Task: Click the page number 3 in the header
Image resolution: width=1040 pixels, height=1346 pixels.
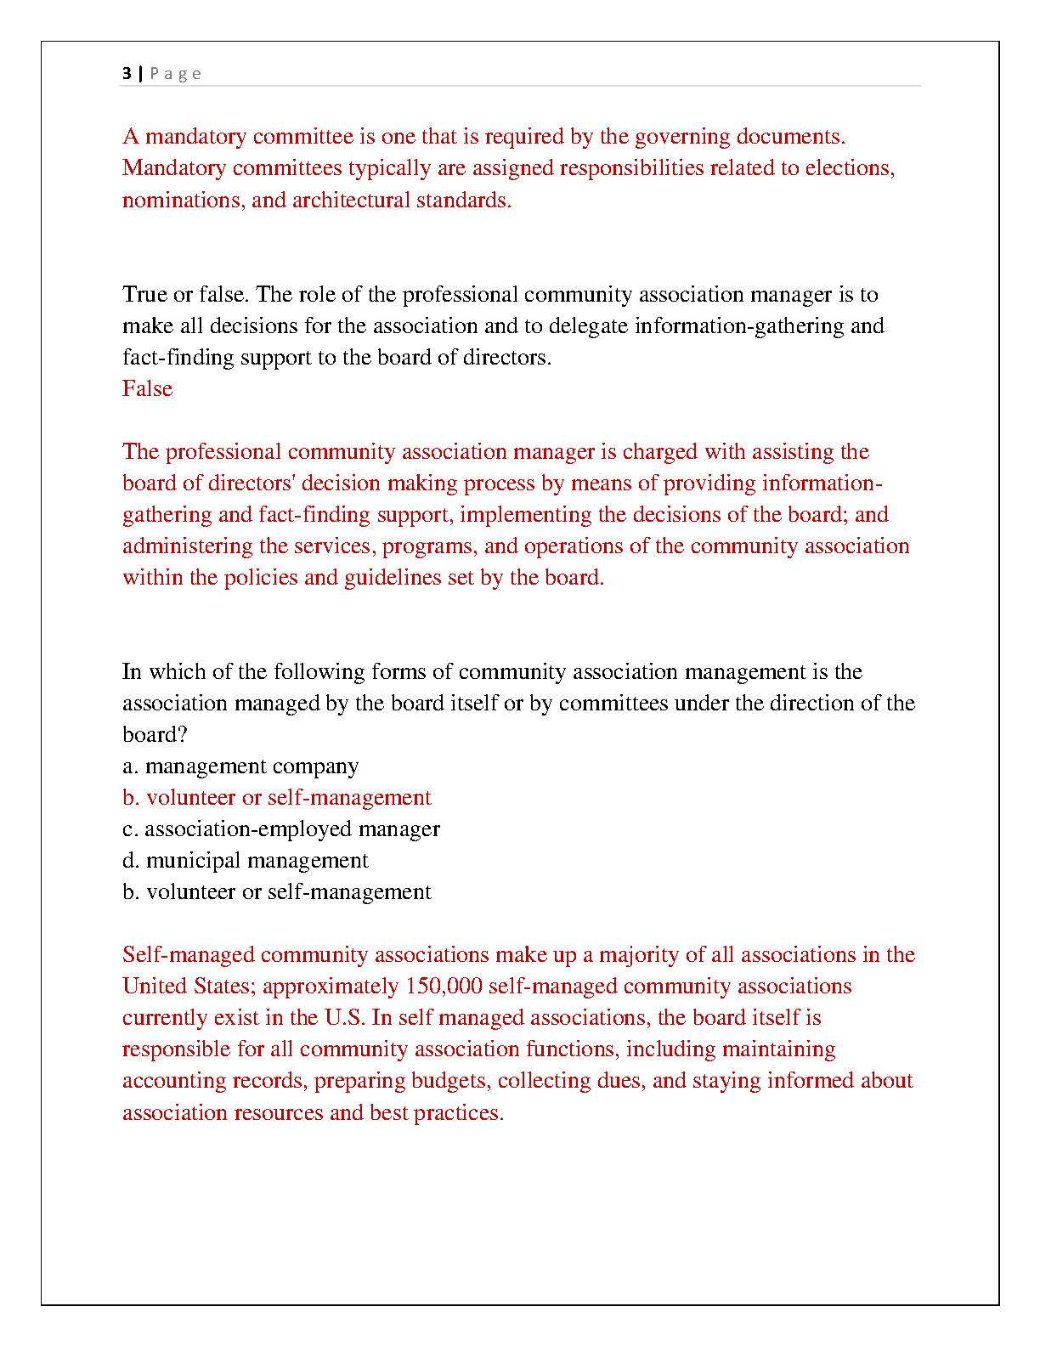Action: [127, 74]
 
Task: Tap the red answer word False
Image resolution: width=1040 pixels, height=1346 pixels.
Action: [147, 389]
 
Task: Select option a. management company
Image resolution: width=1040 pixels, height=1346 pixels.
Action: [240, 766]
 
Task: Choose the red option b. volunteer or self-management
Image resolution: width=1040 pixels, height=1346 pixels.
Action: [277, 798]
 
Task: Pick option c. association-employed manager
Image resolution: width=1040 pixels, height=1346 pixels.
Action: [281, 829]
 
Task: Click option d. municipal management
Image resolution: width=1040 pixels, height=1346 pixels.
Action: [246, 861]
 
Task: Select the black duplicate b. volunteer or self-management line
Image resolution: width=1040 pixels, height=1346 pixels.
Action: [277, 892]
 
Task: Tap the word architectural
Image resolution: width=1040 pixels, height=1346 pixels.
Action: [351, 201]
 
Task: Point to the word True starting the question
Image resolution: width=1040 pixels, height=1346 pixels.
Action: [144, 295]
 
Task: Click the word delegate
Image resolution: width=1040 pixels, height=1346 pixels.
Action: [588, 326]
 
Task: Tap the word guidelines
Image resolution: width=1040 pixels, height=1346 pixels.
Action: [396, 578]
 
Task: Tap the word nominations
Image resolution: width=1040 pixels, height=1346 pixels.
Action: [181, 201]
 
